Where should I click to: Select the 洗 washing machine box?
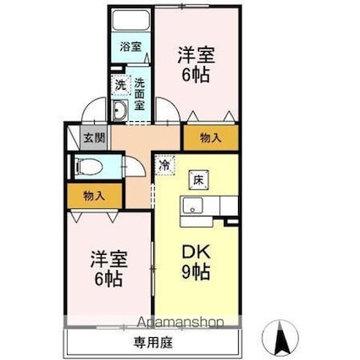(120, 86)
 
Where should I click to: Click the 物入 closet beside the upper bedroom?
(210, 138)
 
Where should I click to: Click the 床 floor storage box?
(197, 179)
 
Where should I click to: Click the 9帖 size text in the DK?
(197, 274)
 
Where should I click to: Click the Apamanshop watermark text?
(174, 323)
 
